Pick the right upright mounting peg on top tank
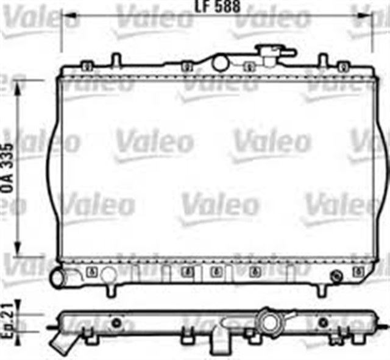(x=323, y=61)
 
